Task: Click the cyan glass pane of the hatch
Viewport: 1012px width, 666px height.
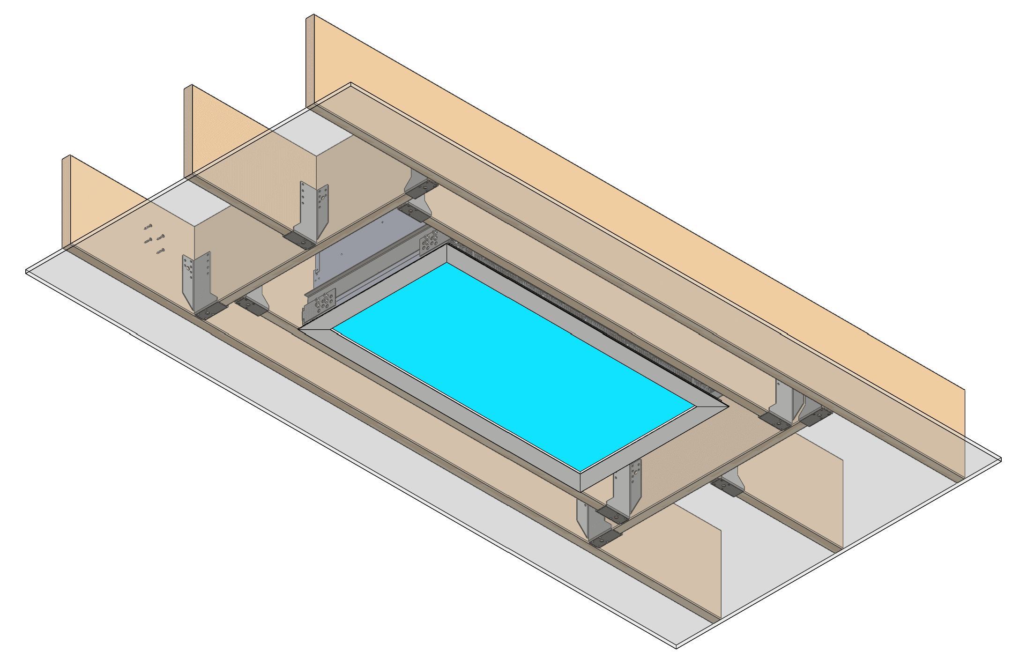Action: [x=513, y=365]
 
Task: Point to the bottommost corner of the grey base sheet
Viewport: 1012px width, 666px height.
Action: [x=676, y=648]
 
